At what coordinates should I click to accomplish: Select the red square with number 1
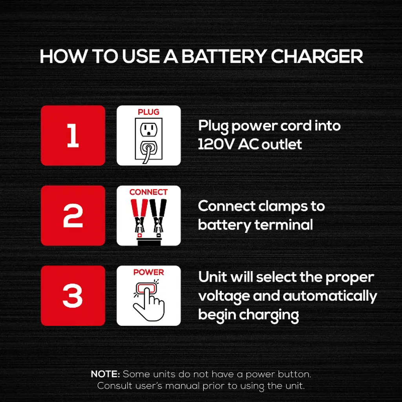(73, 135)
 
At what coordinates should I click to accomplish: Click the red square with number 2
(73, 216)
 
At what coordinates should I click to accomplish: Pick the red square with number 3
(73, 296)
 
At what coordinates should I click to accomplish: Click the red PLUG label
(148, 112)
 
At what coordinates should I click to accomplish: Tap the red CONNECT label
(148, 192)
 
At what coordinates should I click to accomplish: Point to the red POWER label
(148, 272)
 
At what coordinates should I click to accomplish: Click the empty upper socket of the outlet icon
(149, 129)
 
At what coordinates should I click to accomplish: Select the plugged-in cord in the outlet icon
(148, 153)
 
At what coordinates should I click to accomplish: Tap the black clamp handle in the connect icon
(159, 208)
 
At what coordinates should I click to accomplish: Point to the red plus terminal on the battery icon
(140, 235)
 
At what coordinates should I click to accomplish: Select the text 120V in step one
(216, 144)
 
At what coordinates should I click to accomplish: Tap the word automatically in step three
(330, 296)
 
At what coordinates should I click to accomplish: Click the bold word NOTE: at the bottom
(105, 374)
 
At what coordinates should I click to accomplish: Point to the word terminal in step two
(284, 225)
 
